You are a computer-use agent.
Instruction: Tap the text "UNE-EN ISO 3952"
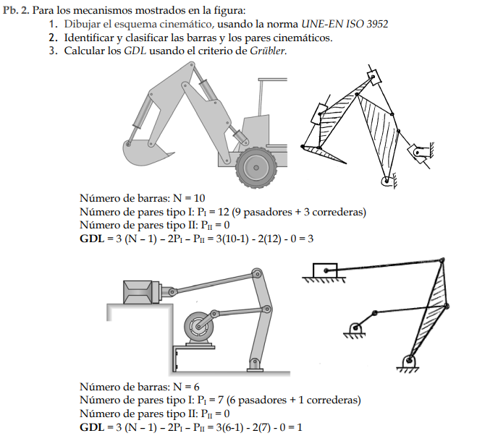[x=345, y=24]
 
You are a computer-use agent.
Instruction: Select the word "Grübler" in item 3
[x=268, y=51]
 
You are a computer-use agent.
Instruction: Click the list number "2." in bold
[x=53, y=38]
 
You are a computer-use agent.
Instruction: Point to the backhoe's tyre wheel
[x=256, y=167]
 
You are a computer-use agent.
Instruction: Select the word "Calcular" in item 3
[x=88, y=51]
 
